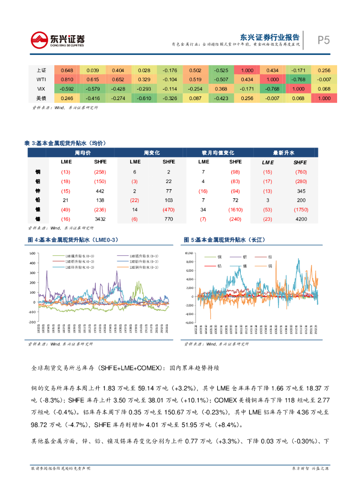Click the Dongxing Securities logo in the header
57,40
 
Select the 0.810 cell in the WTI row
66,79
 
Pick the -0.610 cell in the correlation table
144,98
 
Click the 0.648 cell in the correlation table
66,70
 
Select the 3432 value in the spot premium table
100,219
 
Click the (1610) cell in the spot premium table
235,209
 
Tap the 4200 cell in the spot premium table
300,219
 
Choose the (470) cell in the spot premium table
169,209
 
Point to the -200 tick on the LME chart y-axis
32,322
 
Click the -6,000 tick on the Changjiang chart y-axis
190,323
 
